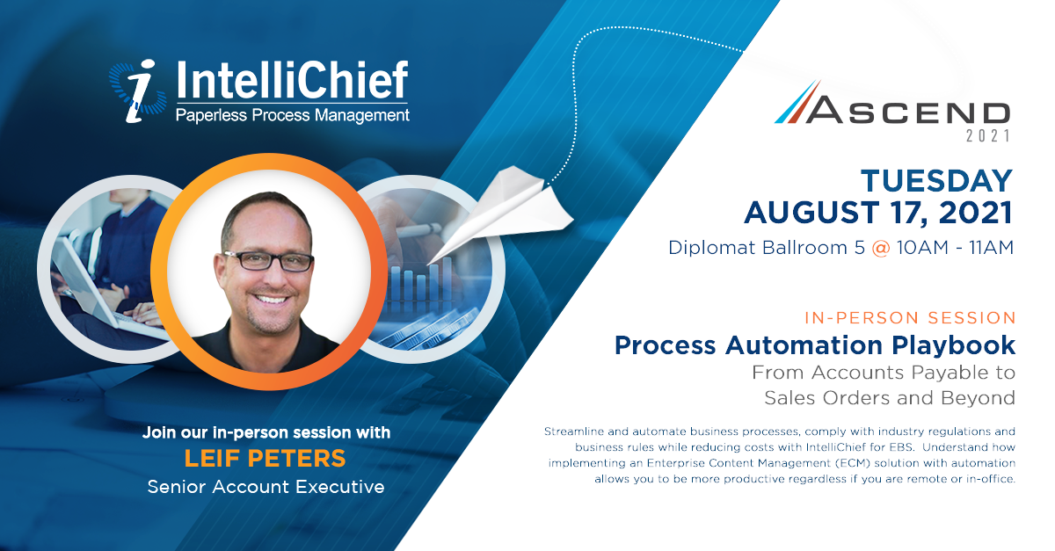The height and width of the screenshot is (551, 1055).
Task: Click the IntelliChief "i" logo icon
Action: pyautogui.click(x=137, y=91)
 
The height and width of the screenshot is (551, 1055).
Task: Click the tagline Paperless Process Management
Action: pyautogui.click(x=293, y=115)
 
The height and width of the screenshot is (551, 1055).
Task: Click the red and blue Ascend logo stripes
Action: pyautogui.click(x=798, y=102)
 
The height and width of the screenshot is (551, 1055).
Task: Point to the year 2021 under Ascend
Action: pyautogui.click(x=988, y=136)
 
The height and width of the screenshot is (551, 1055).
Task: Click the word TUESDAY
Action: pyautogui.click(x=936, y=181)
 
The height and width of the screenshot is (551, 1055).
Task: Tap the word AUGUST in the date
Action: pyautogui.click(x=811, y=213)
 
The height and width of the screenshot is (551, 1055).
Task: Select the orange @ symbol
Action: pyautogui.click(x=881, y=248)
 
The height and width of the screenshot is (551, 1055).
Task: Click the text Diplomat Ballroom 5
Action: pyautogui.click(x=767, y=248)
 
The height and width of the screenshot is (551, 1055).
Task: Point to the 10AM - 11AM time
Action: pyautogui.click(x=955, y=248)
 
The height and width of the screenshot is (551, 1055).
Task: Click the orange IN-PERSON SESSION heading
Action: pyautogui.click(x=910, y=318)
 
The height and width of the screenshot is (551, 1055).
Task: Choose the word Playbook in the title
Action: pyautogui.click(x=953, y=345)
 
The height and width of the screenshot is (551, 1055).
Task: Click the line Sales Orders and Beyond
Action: pyautogui.click(x=890, y=398)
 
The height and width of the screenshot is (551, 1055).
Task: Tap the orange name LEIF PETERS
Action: pyautogui.click(x=266, y=458)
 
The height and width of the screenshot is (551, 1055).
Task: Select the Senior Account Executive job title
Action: pyautogui.click(x=266, y=487)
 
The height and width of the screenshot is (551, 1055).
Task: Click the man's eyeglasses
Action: pyautogui.click(x=268, y=261)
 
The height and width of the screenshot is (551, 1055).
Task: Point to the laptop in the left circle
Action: pyautogui.click(x=104, y=287)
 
